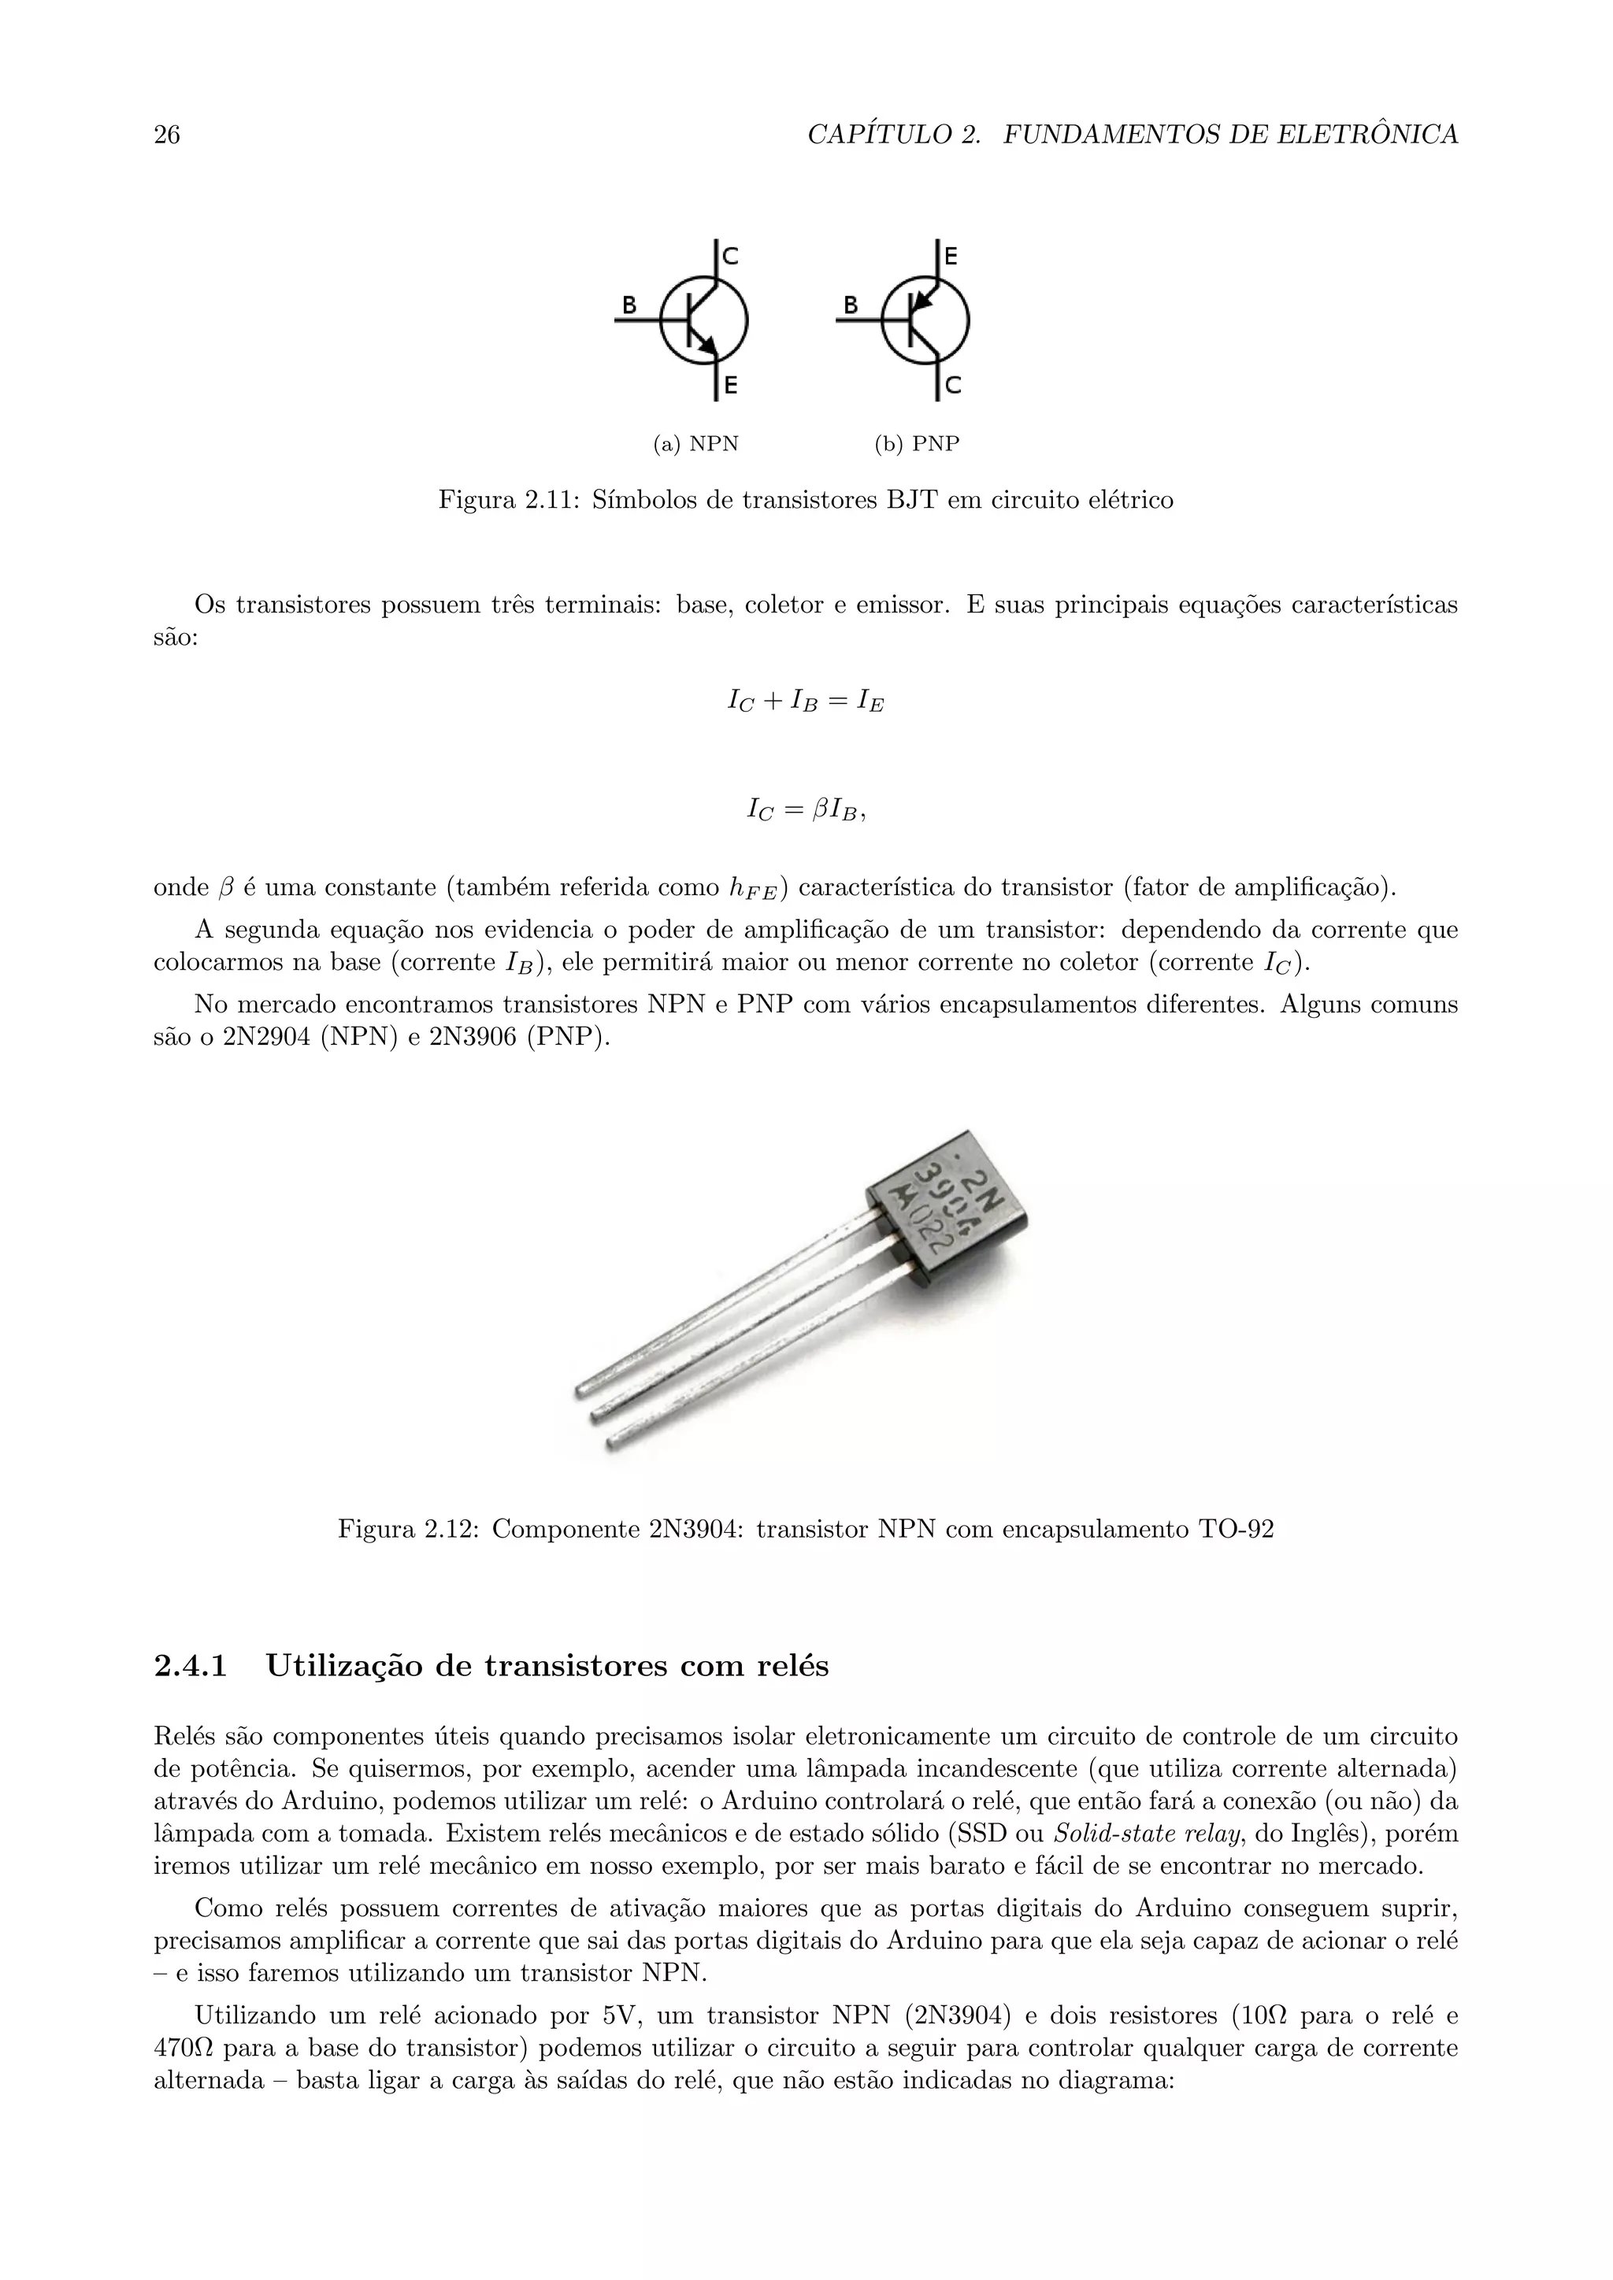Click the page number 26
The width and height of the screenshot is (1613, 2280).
click(x=167, y=135)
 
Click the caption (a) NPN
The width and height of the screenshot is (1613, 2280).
click(x=695, y=444)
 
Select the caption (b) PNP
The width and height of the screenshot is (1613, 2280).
click(x=917, y=444)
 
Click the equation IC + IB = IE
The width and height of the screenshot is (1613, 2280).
click(x=806, y=702)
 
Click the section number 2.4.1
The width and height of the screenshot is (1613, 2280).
click(x=191, y=1665)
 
